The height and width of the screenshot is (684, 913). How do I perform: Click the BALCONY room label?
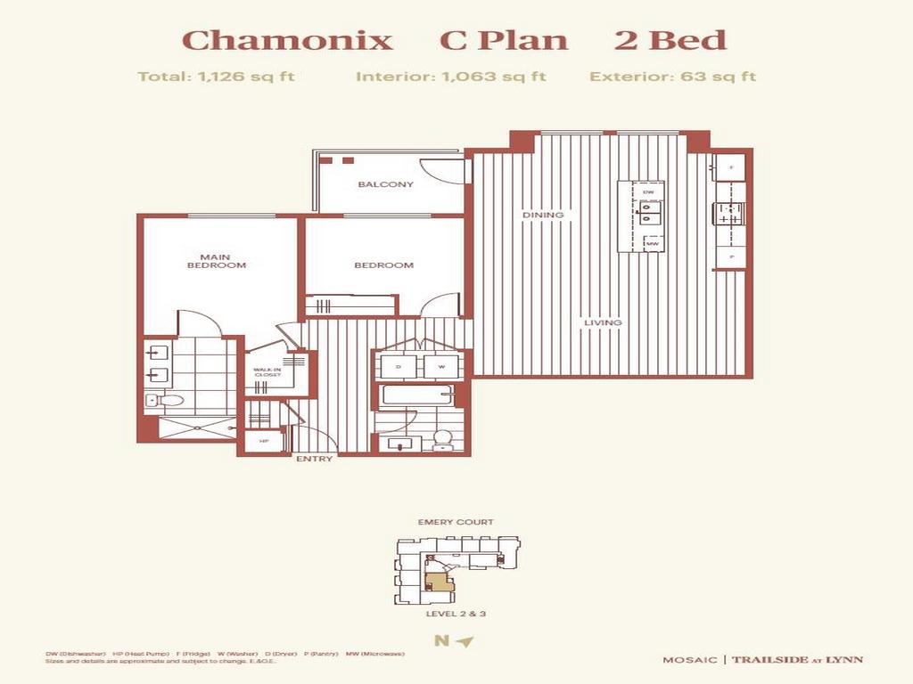[x=386, y=185]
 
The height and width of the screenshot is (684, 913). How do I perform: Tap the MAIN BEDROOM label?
[x=216, y=261]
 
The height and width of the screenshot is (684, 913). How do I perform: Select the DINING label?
[x=543, y=215]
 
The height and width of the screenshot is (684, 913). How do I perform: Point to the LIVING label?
[x=603, y=322]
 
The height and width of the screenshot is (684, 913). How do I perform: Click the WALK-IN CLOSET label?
[x=267, y=372]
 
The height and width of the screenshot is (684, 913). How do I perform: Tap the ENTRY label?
[x=314, y=460]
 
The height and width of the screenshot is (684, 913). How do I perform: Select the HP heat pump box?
[x=264, y=441]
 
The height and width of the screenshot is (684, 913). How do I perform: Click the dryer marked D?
[x=397, y=366]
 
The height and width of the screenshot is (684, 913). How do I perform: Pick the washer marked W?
[x=440, y=366]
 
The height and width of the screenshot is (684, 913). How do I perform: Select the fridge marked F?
[x=730, y=167]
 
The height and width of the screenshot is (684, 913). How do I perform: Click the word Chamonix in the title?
[x=287, y=40]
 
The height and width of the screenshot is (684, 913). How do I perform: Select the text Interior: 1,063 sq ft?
[x=450, y=77]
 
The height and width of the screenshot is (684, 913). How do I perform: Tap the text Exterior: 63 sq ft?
[x=672, y=77]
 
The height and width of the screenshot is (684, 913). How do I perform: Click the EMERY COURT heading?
[x=456, y=523]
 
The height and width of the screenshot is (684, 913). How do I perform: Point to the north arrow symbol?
[x=463, y=640]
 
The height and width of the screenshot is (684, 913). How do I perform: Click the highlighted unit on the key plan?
[x=438, y=584]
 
